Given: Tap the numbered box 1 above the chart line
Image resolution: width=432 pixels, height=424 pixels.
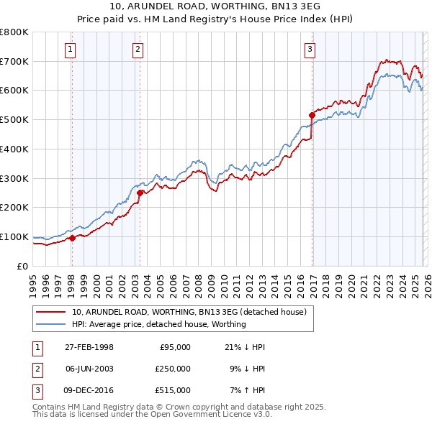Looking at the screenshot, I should coord(71,50).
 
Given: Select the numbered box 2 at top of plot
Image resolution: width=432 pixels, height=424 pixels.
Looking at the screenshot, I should coord(138,50).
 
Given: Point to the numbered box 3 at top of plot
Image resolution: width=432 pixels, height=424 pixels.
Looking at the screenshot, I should coord(310,50).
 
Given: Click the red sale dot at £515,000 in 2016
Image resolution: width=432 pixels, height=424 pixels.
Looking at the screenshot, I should coord(312,115).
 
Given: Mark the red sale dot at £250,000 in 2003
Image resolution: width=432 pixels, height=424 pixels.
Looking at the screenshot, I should coord(140,193).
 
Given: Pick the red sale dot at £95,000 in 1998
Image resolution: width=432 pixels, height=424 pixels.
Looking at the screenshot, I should coord(72,238).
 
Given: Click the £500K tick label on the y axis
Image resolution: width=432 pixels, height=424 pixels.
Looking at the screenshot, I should coord(14,120).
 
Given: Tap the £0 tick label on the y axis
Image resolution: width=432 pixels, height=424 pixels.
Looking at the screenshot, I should coord(22,266).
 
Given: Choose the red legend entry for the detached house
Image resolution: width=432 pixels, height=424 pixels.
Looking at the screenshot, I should coord(189,312).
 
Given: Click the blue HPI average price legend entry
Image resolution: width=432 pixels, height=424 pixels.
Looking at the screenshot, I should coord(158,324).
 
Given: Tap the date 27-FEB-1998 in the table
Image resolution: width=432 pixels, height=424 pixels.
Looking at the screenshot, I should coord(89,347).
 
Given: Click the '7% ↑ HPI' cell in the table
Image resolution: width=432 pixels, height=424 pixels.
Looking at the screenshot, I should coord(245,390).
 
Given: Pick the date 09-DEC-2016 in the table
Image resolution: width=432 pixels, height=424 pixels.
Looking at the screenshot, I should coord(89,390).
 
